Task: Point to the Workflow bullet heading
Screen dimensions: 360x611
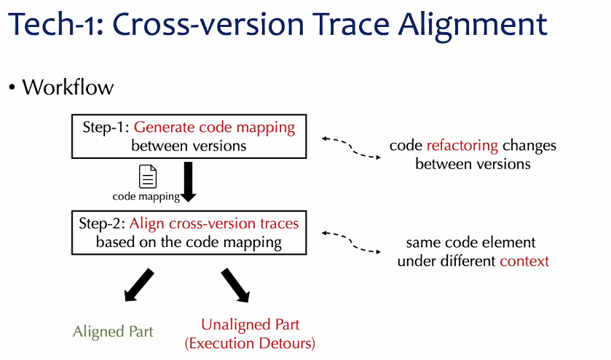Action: [68, 87]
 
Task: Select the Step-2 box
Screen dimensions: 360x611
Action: [189, 232]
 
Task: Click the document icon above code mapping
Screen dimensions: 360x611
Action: [148, 177]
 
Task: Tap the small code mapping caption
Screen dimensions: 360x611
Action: [146, 196]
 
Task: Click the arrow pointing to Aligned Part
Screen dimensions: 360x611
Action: [138, 285]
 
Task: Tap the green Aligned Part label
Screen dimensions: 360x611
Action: [113, 332]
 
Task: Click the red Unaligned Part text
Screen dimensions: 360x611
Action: [250, 324]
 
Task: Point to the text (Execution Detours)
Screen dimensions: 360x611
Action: [250, 343]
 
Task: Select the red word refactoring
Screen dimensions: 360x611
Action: [462, 145]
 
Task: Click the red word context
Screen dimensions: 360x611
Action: [524, 261]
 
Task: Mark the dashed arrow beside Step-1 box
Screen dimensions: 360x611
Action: [351, 146]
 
